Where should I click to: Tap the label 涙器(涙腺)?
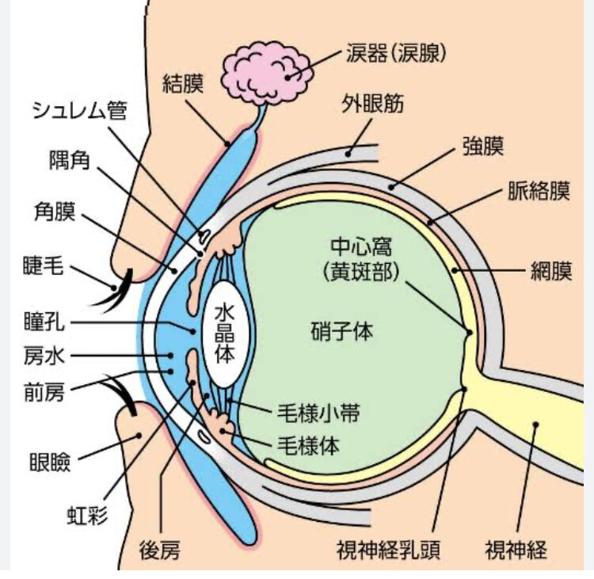[397, 53]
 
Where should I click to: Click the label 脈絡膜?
[539, 192]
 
